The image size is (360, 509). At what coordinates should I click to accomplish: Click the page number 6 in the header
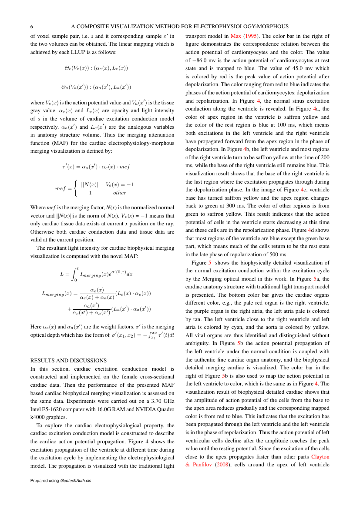tap(32, 26)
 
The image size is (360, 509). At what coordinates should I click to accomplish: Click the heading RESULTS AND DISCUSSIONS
tap(68, 361)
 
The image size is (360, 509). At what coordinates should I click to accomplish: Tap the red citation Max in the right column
tap(236, 36)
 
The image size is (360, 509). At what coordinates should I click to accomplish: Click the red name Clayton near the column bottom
tap(320, 457)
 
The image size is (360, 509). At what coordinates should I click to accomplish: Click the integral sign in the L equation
tap(74, 274)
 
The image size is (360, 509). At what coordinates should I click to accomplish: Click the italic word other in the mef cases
tap(119, 193)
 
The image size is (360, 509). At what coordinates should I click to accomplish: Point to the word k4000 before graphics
tap(38, 417)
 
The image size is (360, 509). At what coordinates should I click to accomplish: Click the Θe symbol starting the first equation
tap(68, 68)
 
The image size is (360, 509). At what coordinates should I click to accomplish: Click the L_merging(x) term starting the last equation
tap(53, 294)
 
